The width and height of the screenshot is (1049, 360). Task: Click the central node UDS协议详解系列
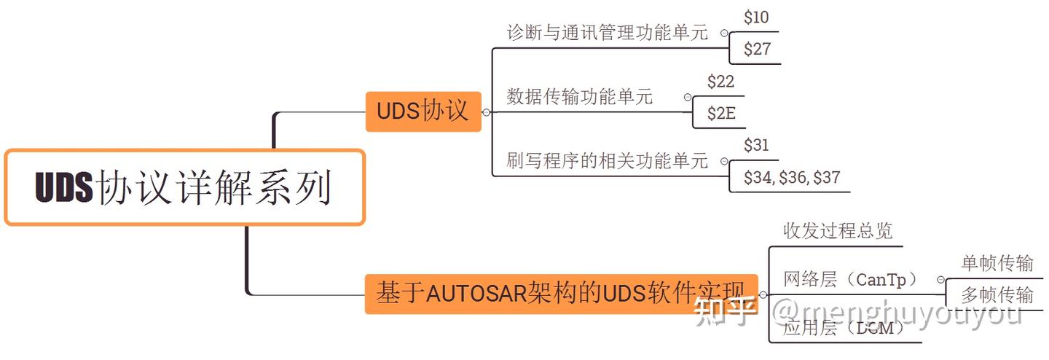(184, 187)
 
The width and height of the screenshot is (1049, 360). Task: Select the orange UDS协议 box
(423, 111)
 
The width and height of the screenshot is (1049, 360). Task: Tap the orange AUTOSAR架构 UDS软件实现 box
(561, 294)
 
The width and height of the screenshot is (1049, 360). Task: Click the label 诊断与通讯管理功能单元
(607, 33)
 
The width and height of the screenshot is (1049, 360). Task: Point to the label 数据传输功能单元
(580, 97)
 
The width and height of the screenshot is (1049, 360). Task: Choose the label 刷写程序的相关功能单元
(607, 160)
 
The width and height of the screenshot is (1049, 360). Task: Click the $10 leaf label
(756, 17)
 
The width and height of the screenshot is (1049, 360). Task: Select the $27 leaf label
(756, 50)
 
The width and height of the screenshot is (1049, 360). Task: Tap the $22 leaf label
(720, 82)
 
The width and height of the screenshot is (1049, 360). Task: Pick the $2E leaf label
(720, 114)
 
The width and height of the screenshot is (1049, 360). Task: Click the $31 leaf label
(756, 145)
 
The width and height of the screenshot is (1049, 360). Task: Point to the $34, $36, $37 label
(792, 177)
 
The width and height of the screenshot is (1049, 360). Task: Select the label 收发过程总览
(838, 231)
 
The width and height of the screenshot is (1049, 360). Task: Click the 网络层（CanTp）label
(850, 278)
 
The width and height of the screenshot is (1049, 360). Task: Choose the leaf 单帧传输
(997, 263)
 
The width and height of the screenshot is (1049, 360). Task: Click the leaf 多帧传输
(997, 294)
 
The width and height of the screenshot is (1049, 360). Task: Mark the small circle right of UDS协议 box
(487, 112)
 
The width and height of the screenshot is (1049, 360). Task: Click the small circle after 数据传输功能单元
(687, 97)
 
